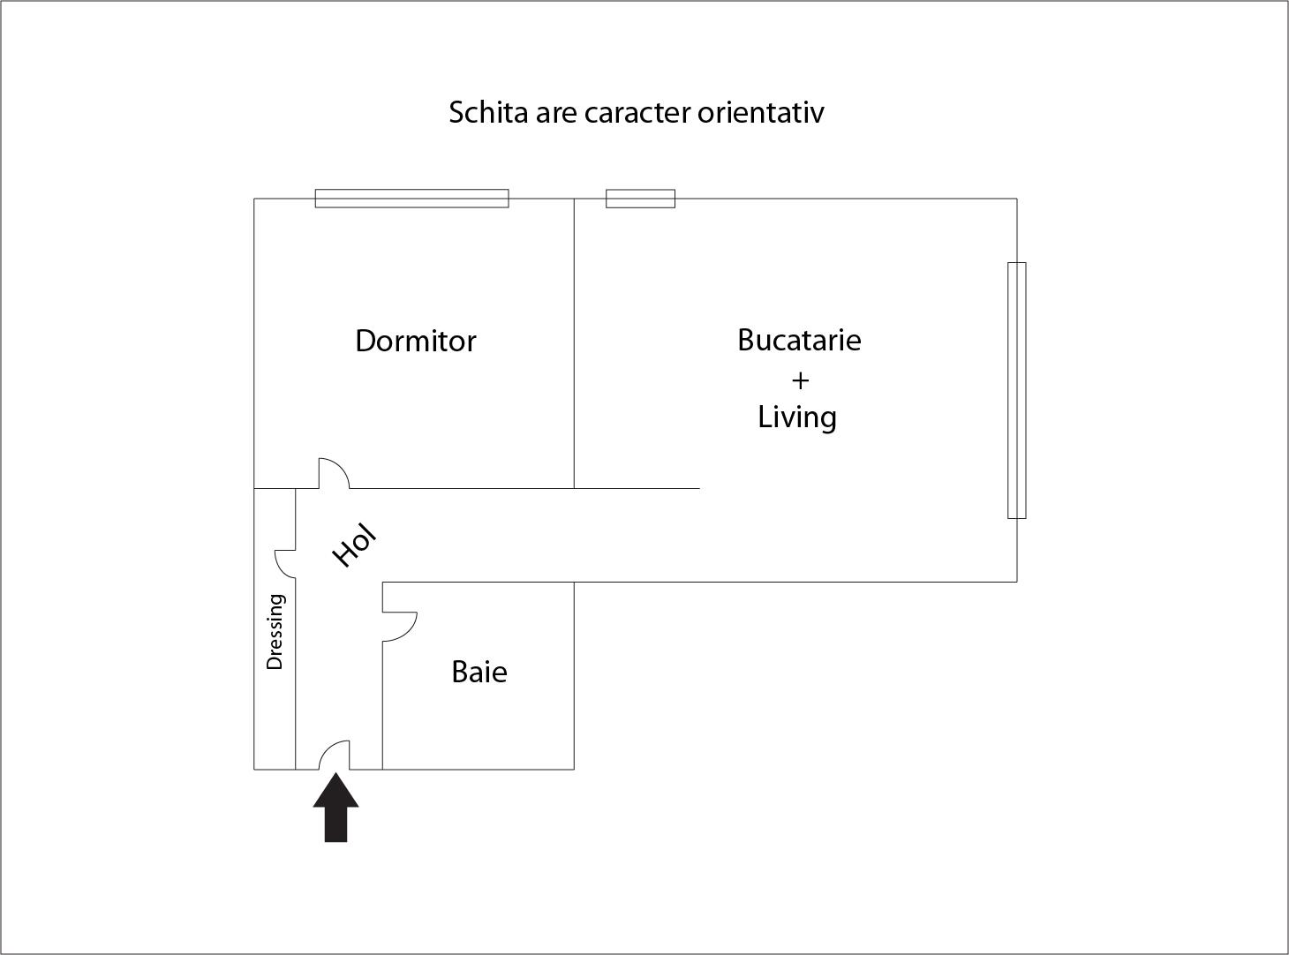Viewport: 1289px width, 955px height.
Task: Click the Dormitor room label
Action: (x=416, y=342)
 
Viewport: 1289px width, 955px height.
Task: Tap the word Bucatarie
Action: (x=799, y=340)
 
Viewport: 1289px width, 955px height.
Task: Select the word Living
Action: (x=796, y=417)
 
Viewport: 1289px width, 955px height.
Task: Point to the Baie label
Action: (x=479, y=672)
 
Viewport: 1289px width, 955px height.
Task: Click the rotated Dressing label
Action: (x=275, y=631)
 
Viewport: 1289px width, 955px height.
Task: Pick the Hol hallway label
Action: (x=354, y=545)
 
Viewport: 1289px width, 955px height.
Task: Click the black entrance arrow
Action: (x=335, y=807)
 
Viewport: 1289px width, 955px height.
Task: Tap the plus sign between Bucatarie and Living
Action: (x=800, y=380)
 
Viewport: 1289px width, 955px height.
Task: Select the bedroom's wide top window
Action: (x=412, y=199)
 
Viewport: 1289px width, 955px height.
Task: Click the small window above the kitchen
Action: (x=640, y=199)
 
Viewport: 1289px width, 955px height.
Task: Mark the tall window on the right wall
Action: (x=1016, y=390)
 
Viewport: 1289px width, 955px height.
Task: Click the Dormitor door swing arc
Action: (x=340, y=465)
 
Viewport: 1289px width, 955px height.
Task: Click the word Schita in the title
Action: (x=489, y=112)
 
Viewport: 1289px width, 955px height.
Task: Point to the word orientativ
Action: (x=761, y=112)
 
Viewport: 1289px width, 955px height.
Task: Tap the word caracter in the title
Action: (x=637, y=113)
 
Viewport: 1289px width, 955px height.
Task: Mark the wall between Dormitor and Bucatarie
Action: (x=574, y=343)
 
